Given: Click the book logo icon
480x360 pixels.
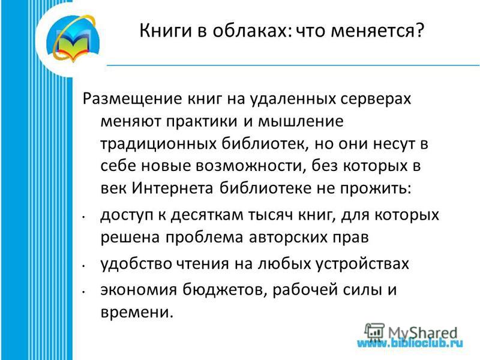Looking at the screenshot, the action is pyautogui.click(x=73, y=39).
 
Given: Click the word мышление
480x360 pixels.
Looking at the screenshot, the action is pyautogui.click(x=301, y=121).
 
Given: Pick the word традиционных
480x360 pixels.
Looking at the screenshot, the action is pyautogui.click(x=158, y=144).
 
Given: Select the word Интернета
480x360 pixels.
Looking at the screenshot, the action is pyautogui.click(x=172, y=188).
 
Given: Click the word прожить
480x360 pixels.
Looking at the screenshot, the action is pyautogui.click(x=376, y=188).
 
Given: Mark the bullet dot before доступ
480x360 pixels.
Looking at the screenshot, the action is pyautogui.click(x=83, y=217).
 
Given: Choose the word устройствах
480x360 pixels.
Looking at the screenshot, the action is pyautogui.click(x=362, y=264).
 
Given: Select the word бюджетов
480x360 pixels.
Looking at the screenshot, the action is pyautogui.click(x=223, y=290).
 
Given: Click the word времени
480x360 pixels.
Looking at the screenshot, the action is pyautogui.click(x=137, y=312).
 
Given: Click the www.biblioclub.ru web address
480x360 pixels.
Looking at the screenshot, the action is pyautogui.click(x=410, y=343).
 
